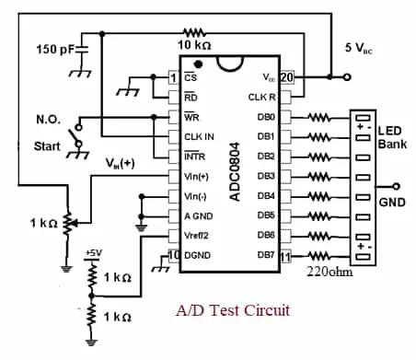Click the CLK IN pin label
pos(201,136)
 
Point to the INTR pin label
pos(196,156)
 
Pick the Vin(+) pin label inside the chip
pos(198,175)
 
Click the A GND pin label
pos(199,215)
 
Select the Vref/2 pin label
pos(199,236)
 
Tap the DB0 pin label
pos(268,116)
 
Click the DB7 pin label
pos(268,255)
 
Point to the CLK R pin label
pos(263,97)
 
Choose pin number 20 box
pos(286,77)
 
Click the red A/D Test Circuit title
pos(232,309)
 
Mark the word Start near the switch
pos(47,146)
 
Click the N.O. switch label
pos(48,119)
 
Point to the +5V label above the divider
pos(94,252)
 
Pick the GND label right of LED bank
pos(393,202)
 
